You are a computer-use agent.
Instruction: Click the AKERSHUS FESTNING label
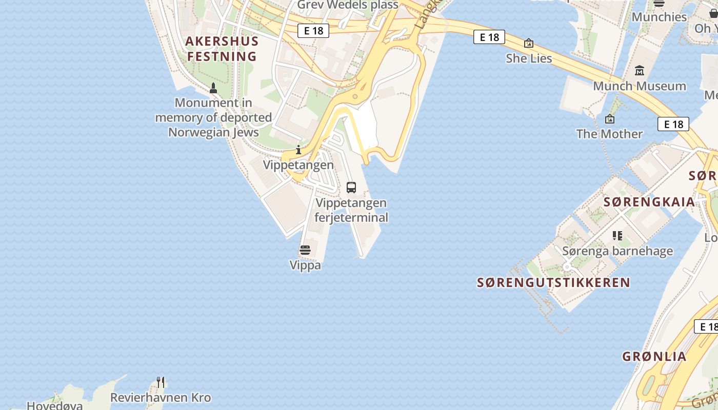222,49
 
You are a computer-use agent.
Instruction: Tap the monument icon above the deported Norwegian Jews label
213,89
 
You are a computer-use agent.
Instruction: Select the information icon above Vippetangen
298,150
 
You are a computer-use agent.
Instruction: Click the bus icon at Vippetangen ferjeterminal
351,188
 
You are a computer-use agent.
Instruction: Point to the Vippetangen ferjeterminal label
351,210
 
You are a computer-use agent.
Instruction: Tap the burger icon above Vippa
305,250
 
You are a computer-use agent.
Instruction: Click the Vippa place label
305,265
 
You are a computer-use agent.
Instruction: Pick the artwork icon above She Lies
529,44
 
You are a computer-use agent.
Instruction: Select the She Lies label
529,58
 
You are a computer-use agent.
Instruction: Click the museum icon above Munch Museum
639,71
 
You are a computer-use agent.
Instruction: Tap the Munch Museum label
639,86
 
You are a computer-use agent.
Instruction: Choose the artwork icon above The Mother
609,119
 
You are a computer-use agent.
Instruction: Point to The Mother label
609,134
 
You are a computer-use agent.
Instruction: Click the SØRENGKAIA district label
649,202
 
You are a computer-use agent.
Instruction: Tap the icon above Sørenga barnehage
617,236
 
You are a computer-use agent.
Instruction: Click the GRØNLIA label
654,357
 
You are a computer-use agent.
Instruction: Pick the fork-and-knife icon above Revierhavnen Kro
161,382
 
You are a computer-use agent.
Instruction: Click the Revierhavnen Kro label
161,398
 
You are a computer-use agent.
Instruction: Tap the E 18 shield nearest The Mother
673,124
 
